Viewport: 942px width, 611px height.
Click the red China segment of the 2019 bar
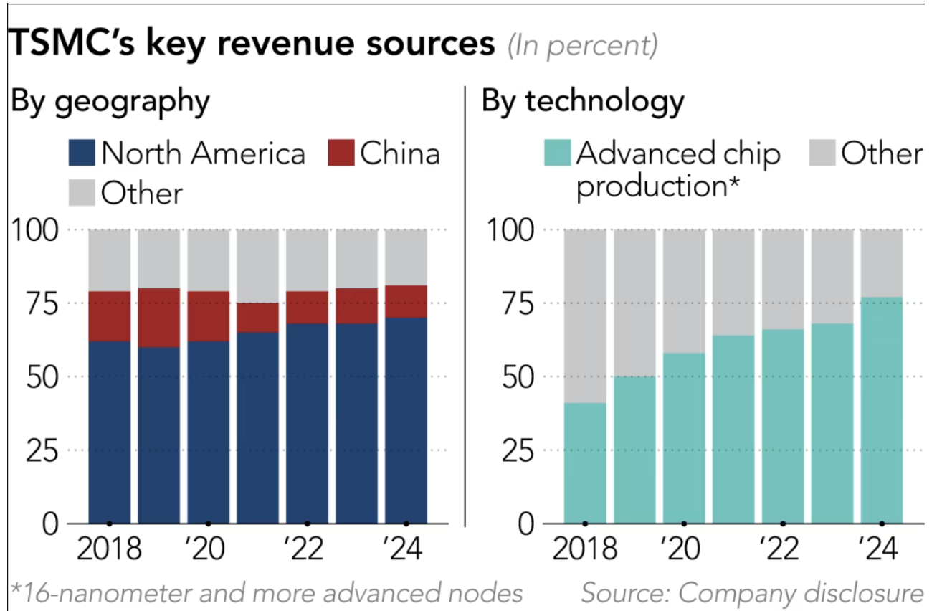[158, 318]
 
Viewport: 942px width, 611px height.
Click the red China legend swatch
[341, 153]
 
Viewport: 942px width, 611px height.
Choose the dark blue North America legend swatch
[81, 153]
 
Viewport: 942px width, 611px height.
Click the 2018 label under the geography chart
[108, 551]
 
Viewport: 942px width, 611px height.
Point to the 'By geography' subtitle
[110, 101]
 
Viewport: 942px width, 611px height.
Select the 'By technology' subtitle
[583, 101]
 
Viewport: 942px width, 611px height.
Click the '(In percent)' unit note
[581, 46]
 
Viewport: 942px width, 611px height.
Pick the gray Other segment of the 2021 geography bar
[257, 266]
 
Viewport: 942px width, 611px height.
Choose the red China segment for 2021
[257, 318]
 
